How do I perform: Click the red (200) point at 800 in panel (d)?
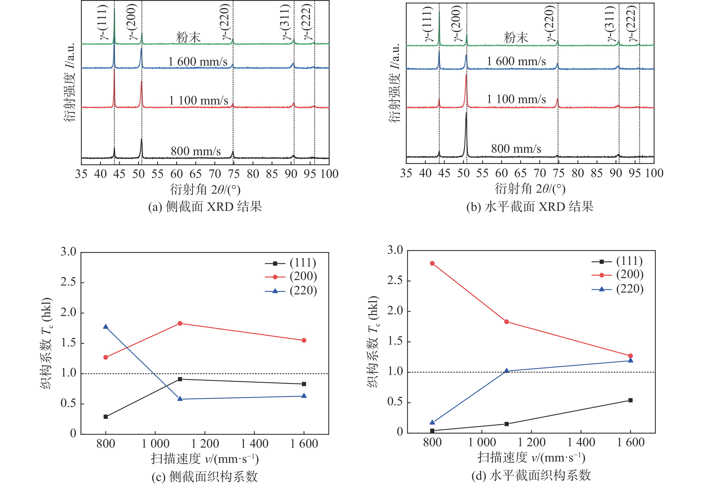[432, 263]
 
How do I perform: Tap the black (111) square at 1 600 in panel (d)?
[630, 400]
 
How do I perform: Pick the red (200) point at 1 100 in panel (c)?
[180, 323]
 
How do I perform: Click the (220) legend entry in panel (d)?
[617, 289]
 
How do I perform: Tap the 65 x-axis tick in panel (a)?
[196, 174]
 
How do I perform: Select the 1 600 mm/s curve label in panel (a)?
[198, 61]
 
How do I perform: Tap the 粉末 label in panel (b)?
[516, 38]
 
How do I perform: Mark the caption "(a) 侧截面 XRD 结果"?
[205, 206]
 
